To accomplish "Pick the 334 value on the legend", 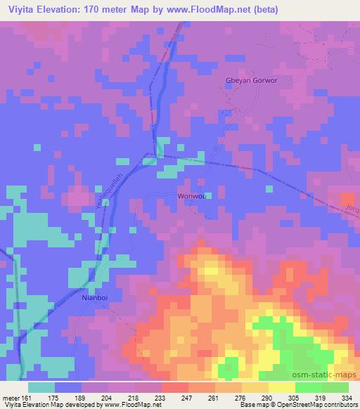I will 347,396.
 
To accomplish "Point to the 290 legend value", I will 268,396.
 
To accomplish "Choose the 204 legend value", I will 107,396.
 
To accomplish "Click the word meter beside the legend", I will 10,396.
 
